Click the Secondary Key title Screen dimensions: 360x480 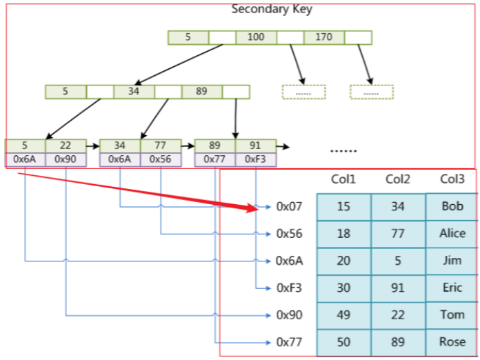pyautogui.click(x=271, y=9)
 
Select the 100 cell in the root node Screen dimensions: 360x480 pyautogui.click(x=256, y=37)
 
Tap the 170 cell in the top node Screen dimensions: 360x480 pyautogui.click(x=323, y=37)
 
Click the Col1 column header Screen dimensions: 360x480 pyautogui.click(x=343, y=179)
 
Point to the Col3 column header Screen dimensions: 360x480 pyautogui.click(x=452, y=179)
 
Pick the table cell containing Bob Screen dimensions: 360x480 pyautogui.click(x=452, y=206)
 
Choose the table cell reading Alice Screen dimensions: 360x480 pyautogui.click(x=452, y=233)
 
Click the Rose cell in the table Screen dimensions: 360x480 pyautogui.click(x=452, y=342)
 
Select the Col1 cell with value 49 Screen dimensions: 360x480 pyautogui.click(x=343, y=315)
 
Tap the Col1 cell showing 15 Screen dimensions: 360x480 pyautogui.click(x=343, y=206)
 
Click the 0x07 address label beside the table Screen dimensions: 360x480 pyautogui.click(x=289, y=206)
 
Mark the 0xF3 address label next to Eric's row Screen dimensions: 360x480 pyautogui.click(x=289, y=288)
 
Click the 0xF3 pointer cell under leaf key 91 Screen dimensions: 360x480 pyautogui.click(x=256, y=159)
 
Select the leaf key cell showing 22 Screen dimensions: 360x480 pyautogui.click(x=66, y=146)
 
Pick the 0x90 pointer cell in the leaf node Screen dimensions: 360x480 pyautogui.click(x=66, y=159)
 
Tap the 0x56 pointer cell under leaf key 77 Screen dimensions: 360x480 pyautogui.click(x=161, y=159)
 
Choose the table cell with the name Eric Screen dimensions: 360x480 pyautogui.click(x=452, y=288)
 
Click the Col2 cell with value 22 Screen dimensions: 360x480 pyautogui.click(x=398, y=315)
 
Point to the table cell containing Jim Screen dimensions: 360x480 pyautogui.click(x=452, y=261)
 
